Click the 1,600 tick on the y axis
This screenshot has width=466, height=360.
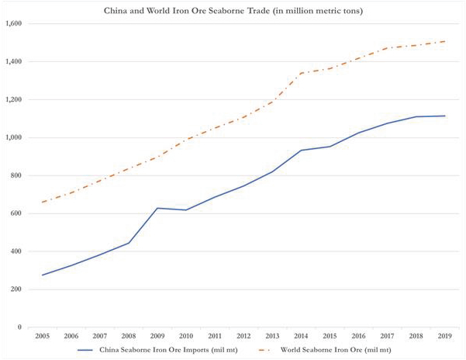click(x=15, y=23)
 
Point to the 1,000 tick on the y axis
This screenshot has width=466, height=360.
click(x=15, y=137)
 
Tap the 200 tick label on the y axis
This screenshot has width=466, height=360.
click(x=17, y=289)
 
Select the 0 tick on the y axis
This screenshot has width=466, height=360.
click(x=22, y=327)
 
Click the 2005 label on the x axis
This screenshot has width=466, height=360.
click(x=43, y=337)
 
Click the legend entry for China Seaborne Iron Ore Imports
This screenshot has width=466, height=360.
click(x=167, y=350)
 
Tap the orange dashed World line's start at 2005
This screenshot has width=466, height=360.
click(x=43, y=202)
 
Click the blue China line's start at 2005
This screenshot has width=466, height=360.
click(x=43, y=275)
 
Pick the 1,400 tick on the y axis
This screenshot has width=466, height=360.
click(x=15, y=61)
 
